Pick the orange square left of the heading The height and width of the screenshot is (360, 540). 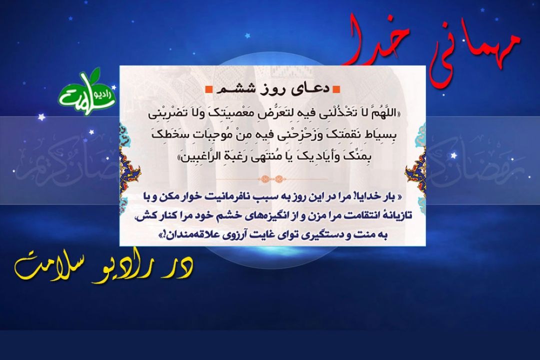tap(208, 89)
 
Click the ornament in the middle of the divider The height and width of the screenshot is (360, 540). tap(272, 179)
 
